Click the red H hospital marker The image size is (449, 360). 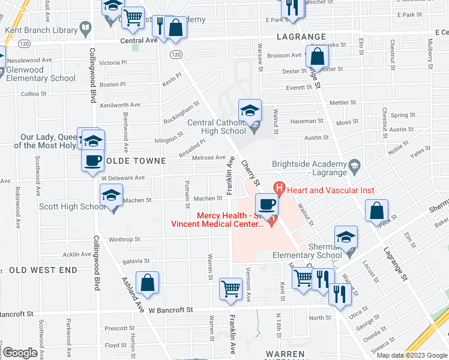click(x=279, y=188)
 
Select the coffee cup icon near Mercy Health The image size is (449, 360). click(x=267, y=205)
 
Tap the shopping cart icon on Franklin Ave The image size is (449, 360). click(x=231, y=289)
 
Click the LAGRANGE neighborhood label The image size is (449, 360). click(x=301, y=37)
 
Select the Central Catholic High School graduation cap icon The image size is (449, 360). click(x=250, y=111)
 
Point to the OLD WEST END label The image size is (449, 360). click(x=43, y=270)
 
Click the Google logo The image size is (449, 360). click(x=20, y=353)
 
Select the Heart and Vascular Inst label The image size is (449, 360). click(x=330, y=191)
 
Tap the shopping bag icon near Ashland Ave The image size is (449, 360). click(x=147, y=284)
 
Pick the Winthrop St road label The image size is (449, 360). click(x=124, y=239)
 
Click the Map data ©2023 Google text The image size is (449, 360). click(x=412, y=355)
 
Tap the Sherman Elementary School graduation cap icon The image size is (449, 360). click(x=346, y=238)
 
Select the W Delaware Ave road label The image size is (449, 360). click(x=122, y=178)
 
